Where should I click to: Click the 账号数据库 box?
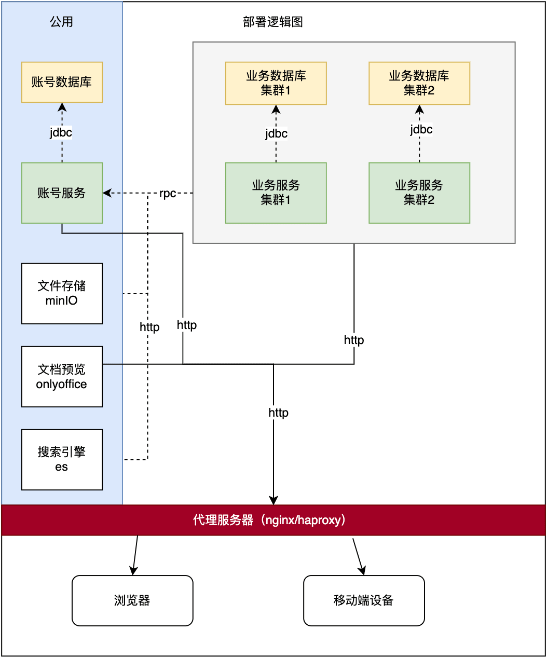point(62,82)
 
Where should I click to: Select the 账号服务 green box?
point(62,193)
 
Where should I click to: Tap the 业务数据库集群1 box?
point(276,83)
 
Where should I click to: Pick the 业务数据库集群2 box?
point(419,83)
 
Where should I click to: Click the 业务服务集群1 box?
point(276,193)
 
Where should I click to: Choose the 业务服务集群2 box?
point(419,193)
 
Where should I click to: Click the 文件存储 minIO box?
point(62,293)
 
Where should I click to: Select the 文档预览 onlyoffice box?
point(62,376)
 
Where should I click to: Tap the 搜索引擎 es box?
point(62,459)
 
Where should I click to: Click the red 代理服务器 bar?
point(273,520)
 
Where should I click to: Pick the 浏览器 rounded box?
point(132,600)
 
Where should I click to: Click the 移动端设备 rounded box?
point(364,600)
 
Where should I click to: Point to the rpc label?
point(168,194)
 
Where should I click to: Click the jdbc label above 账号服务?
point(61,133)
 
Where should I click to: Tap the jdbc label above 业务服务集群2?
point(421,129)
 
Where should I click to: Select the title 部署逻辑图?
point(273,22)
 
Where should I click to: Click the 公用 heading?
point(61,22)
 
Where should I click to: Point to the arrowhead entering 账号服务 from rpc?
point(106,193)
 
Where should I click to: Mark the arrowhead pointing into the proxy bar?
point(273,501)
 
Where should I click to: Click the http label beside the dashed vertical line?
point(149,327)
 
